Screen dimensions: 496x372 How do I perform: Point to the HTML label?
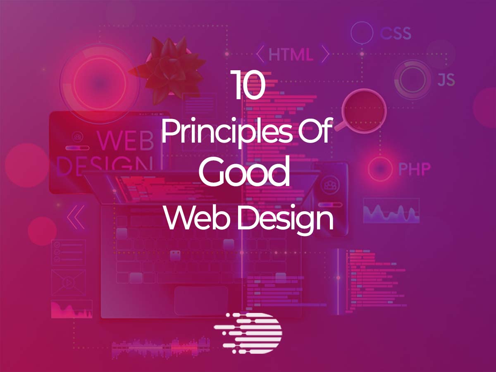291,55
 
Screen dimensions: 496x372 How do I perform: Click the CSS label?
396,33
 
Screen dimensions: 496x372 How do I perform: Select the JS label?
446,79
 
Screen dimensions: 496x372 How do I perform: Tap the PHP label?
415,169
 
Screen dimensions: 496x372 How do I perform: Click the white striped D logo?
248,333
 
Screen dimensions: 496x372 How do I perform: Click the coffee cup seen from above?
362,111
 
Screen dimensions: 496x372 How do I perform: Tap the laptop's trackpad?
201,300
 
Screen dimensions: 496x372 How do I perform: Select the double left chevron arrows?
76,217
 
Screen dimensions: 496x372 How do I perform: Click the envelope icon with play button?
69,282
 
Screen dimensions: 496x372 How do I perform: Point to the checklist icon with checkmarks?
69,252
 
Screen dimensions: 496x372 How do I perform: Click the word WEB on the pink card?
126,141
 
